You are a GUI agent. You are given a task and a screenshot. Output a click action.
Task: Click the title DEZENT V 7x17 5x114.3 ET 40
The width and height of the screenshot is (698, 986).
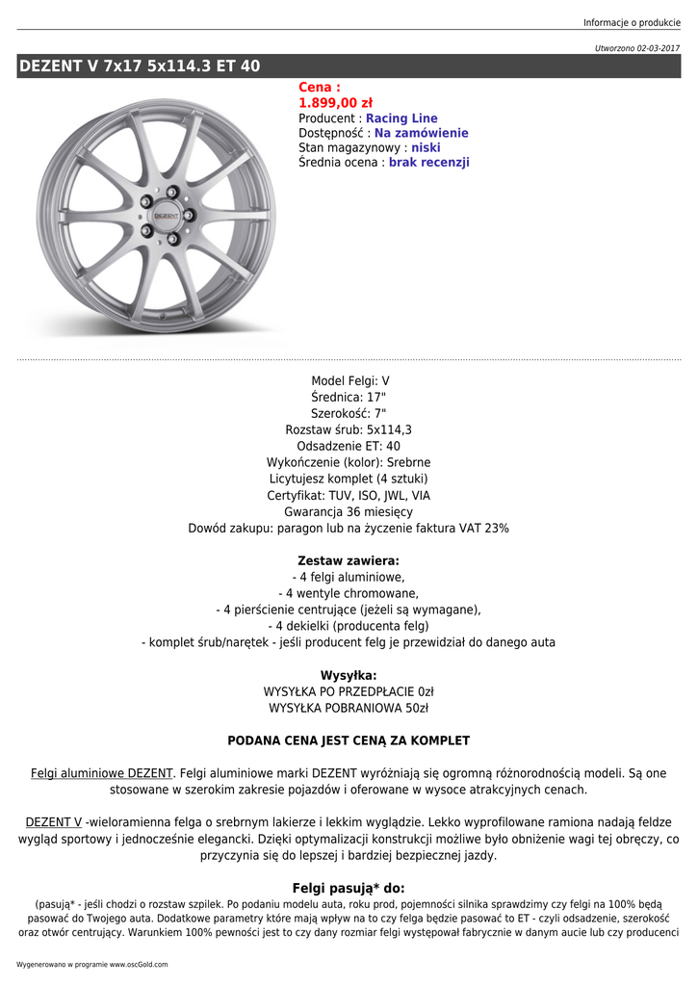[x=140, y=66]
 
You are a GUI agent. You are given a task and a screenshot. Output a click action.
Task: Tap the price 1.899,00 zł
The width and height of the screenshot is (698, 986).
[x=335, y=103]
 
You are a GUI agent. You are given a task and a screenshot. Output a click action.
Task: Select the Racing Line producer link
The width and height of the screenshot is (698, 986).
[x=401, y=118]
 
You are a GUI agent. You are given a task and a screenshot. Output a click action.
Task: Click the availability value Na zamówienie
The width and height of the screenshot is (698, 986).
[x=421, y=133]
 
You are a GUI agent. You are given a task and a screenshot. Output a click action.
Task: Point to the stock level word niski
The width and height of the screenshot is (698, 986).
[x=427, y=148]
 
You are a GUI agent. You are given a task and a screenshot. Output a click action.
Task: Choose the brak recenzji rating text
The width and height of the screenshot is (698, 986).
[x=428, y=163]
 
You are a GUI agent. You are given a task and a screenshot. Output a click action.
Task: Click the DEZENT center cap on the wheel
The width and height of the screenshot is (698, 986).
[x=166, y=216]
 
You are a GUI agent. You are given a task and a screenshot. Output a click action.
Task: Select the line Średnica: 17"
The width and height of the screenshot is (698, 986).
[x=349, y=397]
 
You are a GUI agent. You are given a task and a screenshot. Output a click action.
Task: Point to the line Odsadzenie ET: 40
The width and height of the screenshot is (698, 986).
[x=349, y=446]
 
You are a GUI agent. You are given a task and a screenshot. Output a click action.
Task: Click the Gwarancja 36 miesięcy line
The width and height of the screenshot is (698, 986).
[x=349, y=512]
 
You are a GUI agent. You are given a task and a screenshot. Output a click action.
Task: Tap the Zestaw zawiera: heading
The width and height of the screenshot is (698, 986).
[x=349, y=560]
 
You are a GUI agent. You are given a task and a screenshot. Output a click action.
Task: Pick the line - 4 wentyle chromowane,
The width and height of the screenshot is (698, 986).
[x=349, y=593]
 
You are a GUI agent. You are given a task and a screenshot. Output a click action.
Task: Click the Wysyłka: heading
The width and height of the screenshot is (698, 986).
[x=349, y=675]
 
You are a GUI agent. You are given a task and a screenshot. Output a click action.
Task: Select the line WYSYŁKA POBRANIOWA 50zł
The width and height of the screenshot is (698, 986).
[x=349, y=708]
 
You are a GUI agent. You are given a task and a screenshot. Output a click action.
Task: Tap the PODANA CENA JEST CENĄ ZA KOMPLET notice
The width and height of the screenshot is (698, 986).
[x=349, y=740]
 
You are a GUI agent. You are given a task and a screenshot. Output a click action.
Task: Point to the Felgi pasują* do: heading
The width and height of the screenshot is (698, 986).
[x=349, y=888]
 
